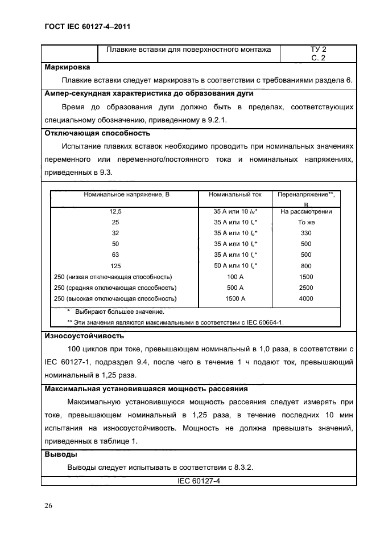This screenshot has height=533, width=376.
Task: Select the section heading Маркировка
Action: (x=67, y=67)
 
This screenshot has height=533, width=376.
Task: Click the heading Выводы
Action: (x=61, y=455)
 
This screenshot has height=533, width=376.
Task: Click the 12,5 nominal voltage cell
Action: (x=115, y=211)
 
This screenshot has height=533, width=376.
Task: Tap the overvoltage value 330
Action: (x=306, y=233)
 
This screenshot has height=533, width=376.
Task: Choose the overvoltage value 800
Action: (x=306, y=265)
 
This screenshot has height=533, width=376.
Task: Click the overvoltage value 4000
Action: (x=306, y=298)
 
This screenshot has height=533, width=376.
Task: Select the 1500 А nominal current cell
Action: (x=235, y=298)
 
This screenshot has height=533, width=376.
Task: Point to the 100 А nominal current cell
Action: (x=235, y=277)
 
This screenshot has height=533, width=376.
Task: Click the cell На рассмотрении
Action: (x=306, y=211)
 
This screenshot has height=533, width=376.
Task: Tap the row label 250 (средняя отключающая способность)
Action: (x=115, y=288)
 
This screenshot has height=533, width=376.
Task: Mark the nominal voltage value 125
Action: (x=115, y=265)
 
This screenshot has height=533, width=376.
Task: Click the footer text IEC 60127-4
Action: (x=199, y=481)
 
